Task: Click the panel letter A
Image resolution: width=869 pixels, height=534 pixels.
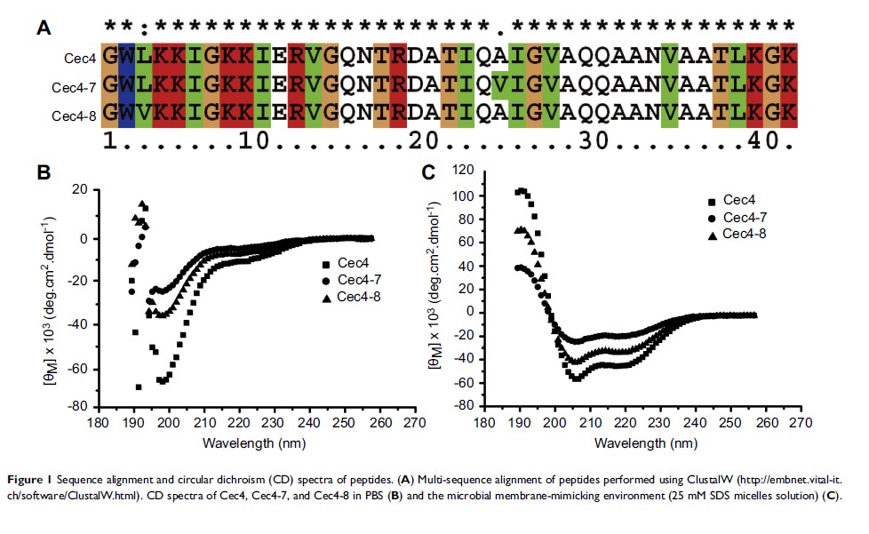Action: click(x=43, y=28)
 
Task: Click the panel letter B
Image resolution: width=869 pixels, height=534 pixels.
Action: click(x=43, y=171)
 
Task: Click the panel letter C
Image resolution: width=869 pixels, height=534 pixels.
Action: click(x=428, y=171)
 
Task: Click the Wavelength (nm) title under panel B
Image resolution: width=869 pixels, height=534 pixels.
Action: click(x=245, y=442)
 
